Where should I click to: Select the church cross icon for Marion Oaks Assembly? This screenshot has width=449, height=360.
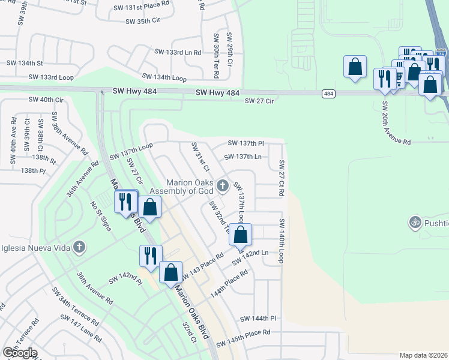click(223, 185)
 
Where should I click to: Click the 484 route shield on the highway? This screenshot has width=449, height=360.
click(328, 94)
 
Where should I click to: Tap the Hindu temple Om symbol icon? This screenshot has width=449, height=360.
click(414, 223)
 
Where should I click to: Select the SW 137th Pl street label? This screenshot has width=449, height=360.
click(246, 143)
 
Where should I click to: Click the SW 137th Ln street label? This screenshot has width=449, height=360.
click(243, 157)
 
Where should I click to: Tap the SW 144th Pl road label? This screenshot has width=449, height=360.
click(258, 319)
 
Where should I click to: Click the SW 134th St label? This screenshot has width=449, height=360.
click(25, 62)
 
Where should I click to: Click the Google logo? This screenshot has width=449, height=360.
click(20, 352)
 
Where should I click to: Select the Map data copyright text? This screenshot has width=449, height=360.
click(423, 355)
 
